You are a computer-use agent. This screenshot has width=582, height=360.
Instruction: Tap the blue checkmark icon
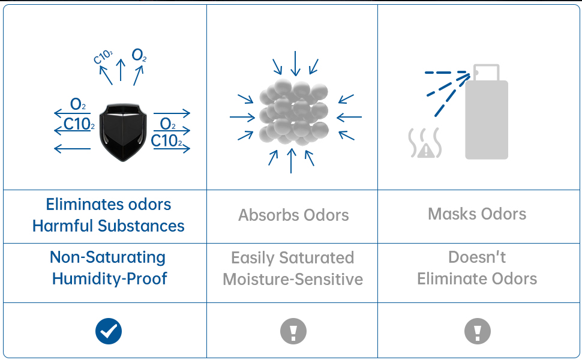tap(109, 331)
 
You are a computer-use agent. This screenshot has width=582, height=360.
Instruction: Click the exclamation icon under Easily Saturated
tap(293, 331)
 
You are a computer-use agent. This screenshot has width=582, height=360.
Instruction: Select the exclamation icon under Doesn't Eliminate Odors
tap(478, 331)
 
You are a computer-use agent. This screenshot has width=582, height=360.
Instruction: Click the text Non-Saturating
tap(108, 257)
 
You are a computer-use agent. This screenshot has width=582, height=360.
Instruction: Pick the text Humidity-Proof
tap(109, 278)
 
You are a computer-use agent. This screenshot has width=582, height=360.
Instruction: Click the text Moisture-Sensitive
tap(293, 279)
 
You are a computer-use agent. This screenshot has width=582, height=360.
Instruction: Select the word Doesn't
tap(477, 257)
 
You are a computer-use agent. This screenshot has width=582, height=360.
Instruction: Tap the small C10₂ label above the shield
tap(103, 57)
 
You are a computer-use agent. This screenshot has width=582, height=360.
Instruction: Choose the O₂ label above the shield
tap(139, 56)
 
